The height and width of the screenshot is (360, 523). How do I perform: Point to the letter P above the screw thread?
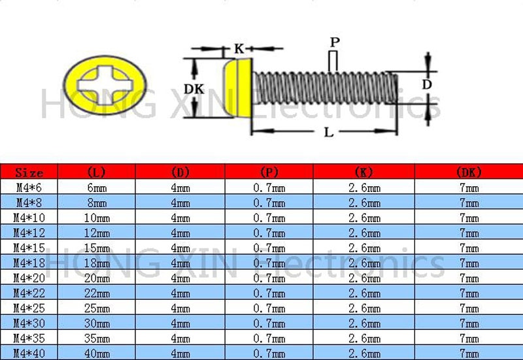(334, 42)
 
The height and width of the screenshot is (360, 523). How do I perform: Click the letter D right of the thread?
(426, 84)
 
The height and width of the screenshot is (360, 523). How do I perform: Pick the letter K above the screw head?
(239, 48)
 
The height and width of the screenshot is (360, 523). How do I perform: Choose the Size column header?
(29, 172)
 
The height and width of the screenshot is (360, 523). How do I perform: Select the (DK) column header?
(469, 172)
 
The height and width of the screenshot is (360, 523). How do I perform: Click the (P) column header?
(269, 172)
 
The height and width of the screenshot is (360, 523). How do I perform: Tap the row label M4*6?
(29, 188)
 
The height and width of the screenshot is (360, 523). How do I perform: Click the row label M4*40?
(29, 353)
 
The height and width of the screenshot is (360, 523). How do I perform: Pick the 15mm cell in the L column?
(97, 248)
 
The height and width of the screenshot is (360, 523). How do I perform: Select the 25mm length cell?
(97, 308)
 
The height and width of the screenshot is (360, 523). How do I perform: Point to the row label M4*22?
(29, 293)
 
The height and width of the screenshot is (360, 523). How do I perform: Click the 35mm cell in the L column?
(97, 338)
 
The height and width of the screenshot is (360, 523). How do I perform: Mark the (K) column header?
(363, 172)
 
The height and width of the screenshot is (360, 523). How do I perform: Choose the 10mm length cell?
(97, 218)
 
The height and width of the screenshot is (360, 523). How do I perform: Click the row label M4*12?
(29, 233)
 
